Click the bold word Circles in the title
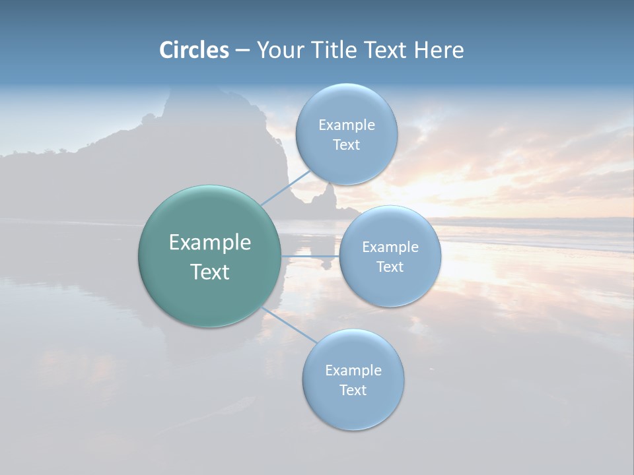194,50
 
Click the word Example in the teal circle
210,243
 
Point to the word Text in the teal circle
210,272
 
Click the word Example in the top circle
347,125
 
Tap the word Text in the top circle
346,145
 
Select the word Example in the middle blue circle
390,247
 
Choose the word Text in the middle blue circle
390,267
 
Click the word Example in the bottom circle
353,370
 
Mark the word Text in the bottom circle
353,390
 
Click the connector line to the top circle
285,187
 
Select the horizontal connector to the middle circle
310,256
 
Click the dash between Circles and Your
242,51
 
